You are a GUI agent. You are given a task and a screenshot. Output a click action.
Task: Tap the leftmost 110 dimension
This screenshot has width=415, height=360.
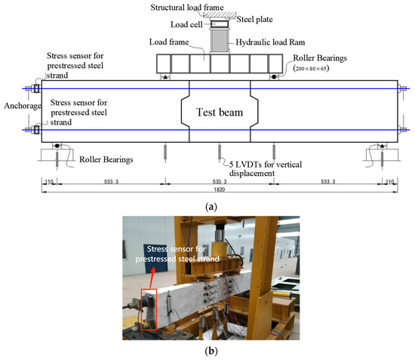click(49, 182)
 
